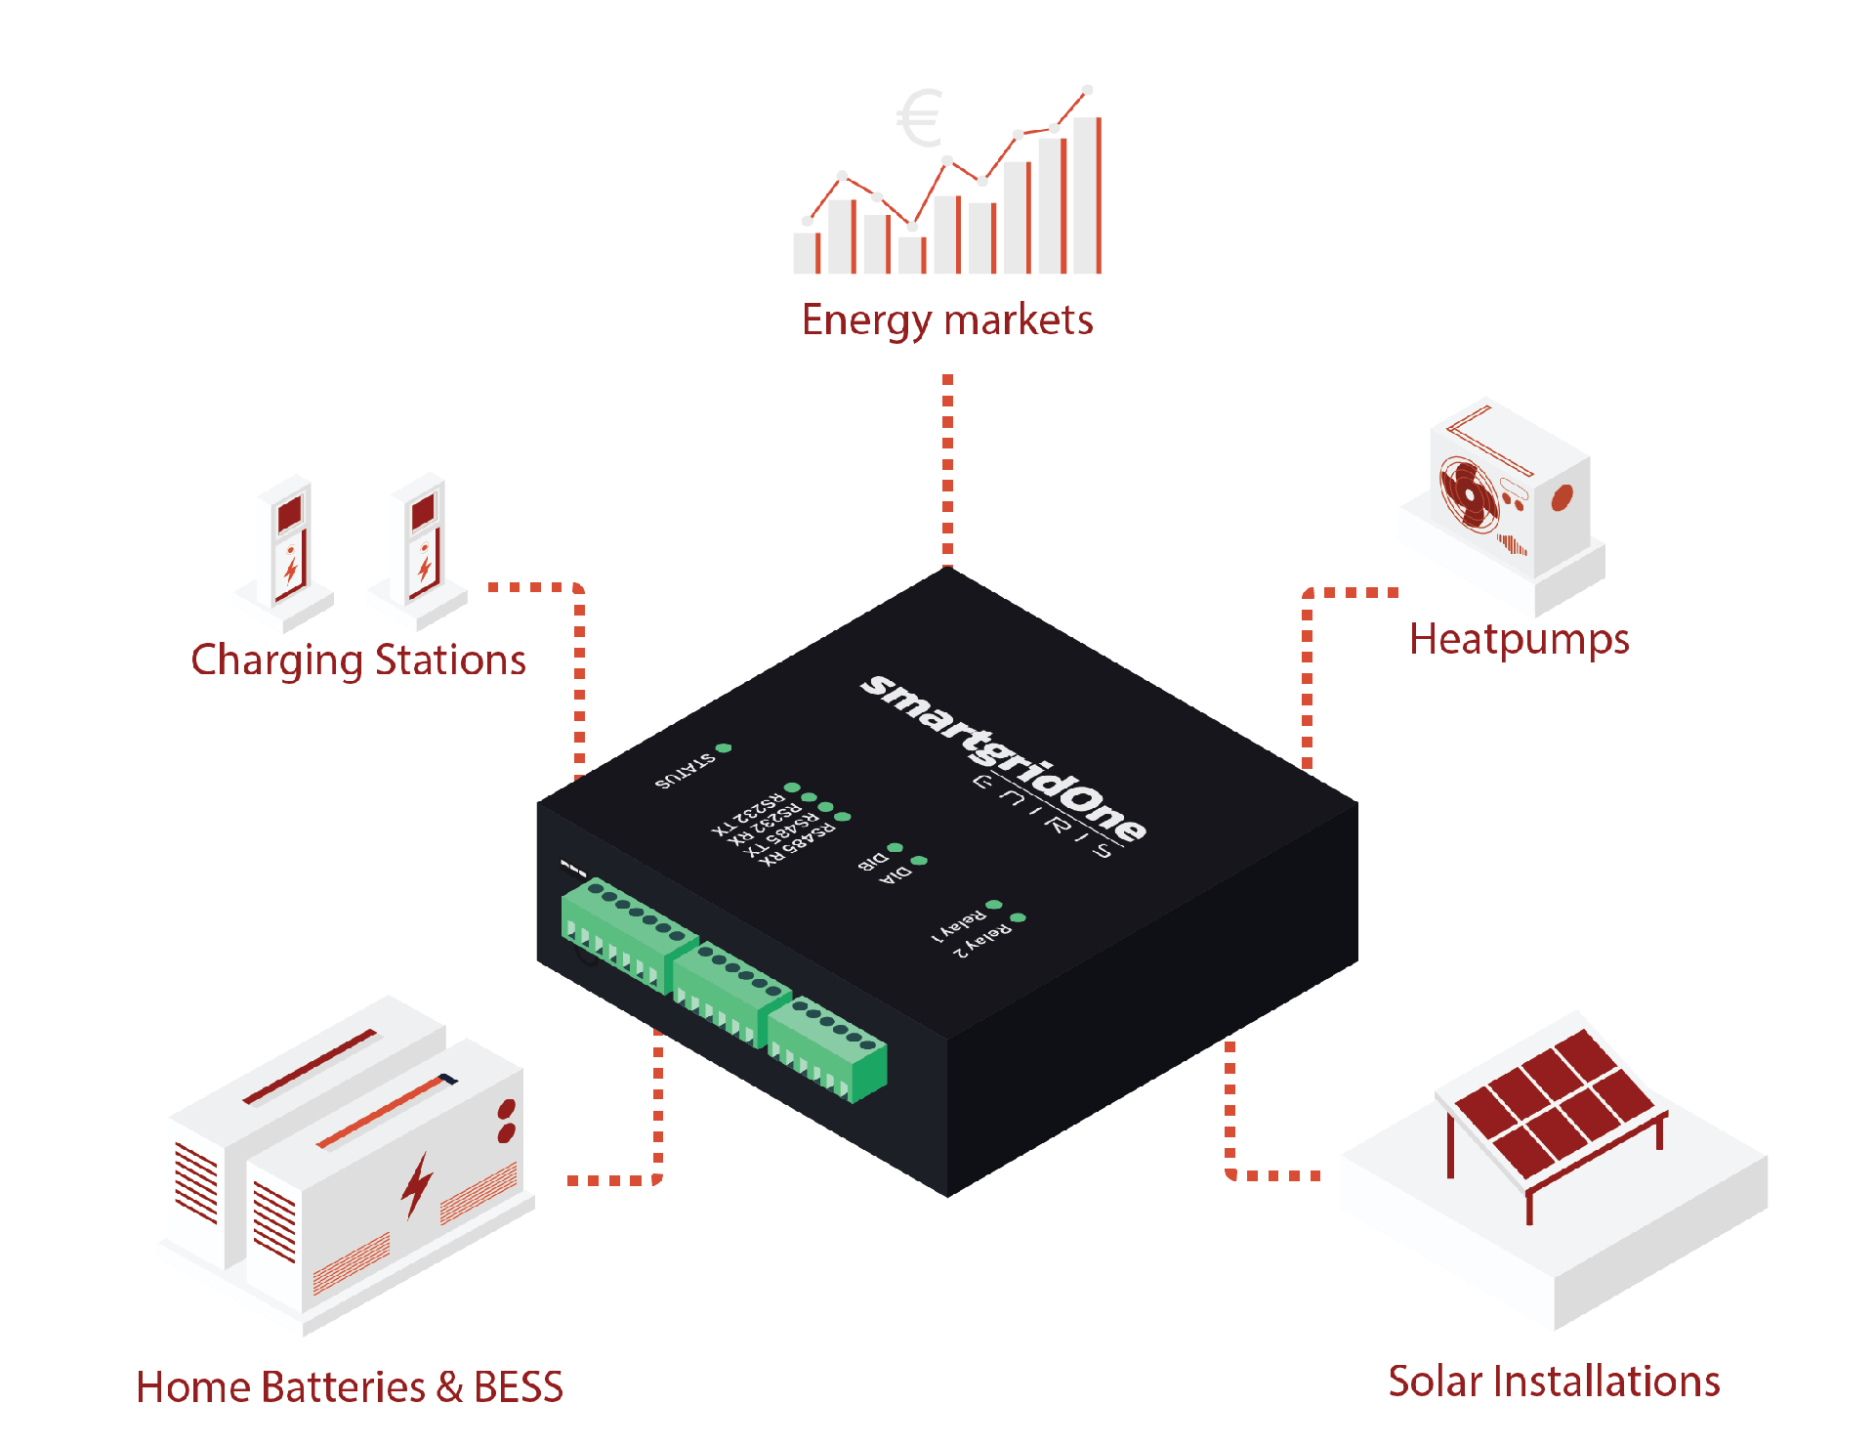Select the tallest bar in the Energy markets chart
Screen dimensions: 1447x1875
pyautogui.click(x=1086, y=195)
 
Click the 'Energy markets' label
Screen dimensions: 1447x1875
pyautogui.click(x=947, y=320)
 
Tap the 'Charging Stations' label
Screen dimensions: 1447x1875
pyautogui.click(x=358, y=660)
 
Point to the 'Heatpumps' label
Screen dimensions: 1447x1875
pyautogui.click(x=1519, y=640)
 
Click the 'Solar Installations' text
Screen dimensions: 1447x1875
pyautogui.click(x=1554, y=1382)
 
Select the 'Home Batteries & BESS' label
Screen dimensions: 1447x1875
pyautogui.click(x=350, y=1387)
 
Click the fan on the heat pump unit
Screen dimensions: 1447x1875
pyautogui.click(x=1469, y=492)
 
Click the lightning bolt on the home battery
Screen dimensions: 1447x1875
pyautogui.click(x=418, y=1184)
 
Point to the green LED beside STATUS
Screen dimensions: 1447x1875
pyautogui.click(x=724, y=748)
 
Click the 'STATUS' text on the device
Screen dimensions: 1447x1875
pyautogui.click(x=685, y=771)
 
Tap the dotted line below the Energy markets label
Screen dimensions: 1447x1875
pyautogui.click(x=947, y=469)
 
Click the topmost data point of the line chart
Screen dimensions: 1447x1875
pyautogui.click(x=1087, y=90)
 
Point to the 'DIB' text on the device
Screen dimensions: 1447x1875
pyautogui.click(x=872, y=861)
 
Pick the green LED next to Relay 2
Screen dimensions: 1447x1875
pyautogui.click(x=1018, y=917)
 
